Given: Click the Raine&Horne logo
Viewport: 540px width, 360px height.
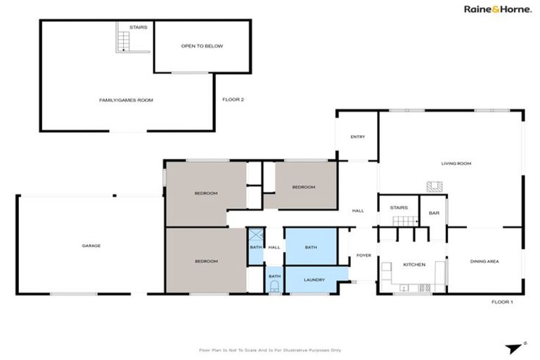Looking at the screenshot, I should (496, 9).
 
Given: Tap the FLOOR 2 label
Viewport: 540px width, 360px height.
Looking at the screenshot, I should (233, 100).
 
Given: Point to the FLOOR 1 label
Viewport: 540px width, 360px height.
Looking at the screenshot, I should (502, 301).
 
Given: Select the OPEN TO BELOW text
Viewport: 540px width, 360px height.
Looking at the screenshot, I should (202, 46).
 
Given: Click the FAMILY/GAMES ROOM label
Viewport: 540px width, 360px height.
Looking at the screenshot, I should (126, 101).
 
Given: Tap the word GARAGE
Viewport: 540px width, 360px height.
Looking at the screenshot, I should (91, 246).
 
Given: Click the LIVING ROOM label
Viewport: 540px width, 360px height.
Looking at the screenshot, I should (456, 164).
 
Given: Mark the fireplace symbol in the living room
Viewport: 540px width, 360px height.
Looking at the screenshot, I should (435, 186).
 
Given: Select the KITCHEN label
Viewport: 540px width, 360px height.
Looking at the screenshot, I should (413, 264).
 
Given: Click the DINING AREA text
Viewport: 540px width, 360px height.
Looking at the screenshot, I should (484, 262).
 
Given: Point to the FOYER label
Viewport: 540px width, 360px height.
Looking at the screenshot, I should (364, 255).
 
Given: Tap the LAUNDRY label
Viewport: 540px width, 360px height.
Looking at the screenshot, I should (314, 280).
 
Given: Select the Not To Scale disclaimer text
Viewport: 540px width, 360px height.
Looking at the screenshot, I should (270, 349).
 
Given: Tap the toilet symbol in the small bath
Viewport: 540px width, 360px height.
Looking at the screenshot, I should (274, 287).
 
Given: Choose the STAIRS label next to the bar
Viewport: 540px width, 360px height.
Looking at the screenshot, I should (399, 208).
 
